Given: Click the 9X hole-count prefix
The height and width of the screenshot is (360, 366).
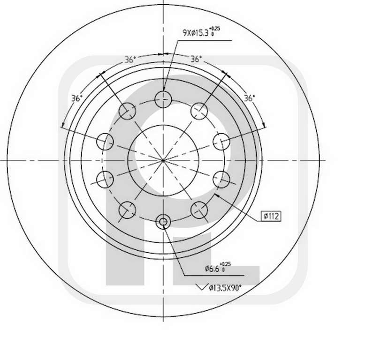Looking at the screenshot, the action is (187, 33).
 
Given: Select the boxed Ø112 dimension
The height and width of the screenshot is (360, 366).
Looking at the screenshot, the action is (271, 216).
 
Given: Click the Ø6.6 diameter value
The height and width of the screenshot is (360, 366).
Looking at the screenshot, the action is (213, 269).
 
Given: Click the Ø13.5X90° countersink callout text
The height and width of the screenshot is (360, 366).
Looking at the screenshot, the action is (225, 288).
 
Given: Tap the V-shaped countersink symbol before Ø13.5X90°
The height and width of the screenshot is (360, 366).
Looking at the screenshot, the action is (202, 287).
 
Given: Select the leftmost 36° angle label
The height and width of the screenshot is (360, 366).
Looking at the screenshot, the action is (77, 98).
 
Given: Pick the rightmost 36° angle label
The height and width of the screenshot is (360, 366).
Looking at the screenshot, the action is (249, 98).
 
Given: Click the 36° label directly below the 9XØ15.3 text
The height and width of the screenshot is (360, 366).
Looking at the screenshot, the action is (196, 59).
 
